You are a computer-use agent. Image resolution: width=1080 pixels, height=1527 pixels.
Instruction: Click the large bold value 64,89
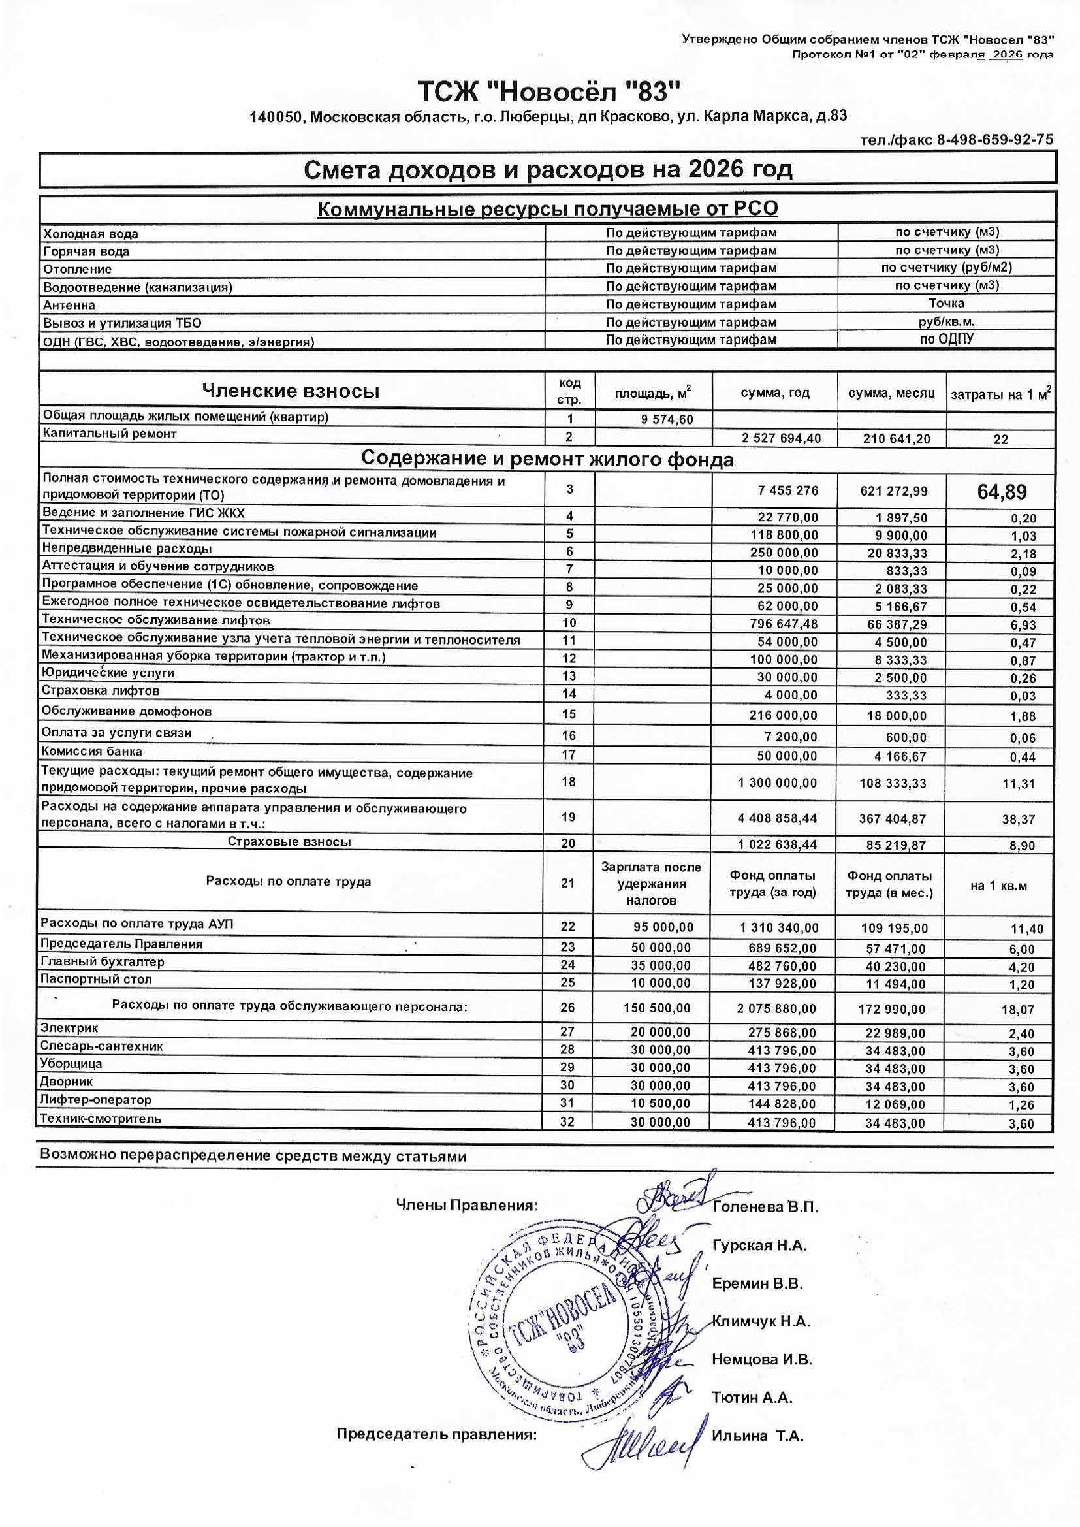coord(1002,492)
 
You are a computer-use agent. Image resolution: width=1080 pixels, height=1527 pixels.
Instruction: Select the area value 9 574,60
coord(667,420)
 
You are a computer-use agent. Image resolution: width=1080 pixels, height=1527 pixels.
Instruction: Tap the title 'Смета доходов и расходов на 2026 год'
coord(548,170)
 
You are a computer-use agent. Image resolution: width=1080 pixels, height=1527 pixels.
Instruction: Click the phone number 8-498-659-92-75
coord(995,140)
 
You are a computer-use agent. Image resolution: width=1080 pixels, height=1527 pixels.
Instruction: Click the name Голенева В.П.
coord(765,1207)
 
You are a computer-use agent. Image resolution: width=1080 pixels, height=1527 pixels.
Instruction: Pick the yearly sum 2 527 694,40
coord(781,438)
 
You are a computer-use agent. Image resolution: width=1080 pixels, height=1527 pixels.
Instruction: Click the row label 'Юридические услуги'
coord(108,673)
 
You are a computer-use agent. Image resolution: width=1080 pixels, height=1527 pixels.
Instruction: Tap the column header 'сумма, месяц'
coord(891,393)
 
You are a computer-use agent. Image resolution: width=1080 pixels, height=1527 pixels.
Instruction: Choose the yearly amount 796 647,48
coord(778,624)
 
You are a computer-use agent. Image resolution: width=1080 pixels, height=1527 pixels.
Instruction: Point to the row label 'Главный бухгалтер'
coord(103,961)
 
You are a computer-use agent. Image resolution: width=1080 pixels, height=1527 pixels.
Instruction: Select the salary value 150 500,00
coord(657,1008)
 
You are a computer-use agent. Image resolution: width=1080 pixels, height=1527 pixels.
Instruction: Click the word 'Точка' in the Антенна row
coord(946,303)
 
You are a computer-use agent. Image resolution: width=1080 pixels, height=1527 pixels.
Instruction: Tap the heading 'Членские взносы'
coord(291,391)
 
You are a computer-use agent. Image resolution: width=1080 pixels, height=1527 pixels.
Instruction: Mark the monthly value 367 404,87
coord(892,820)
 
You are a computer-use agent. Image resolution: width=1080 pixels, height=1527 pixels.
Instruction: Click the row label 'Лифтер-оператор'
coord(96,1100)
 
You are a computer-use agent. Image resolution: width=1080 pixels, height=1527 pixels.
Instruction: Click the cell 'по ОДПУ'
coord(946,338)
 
